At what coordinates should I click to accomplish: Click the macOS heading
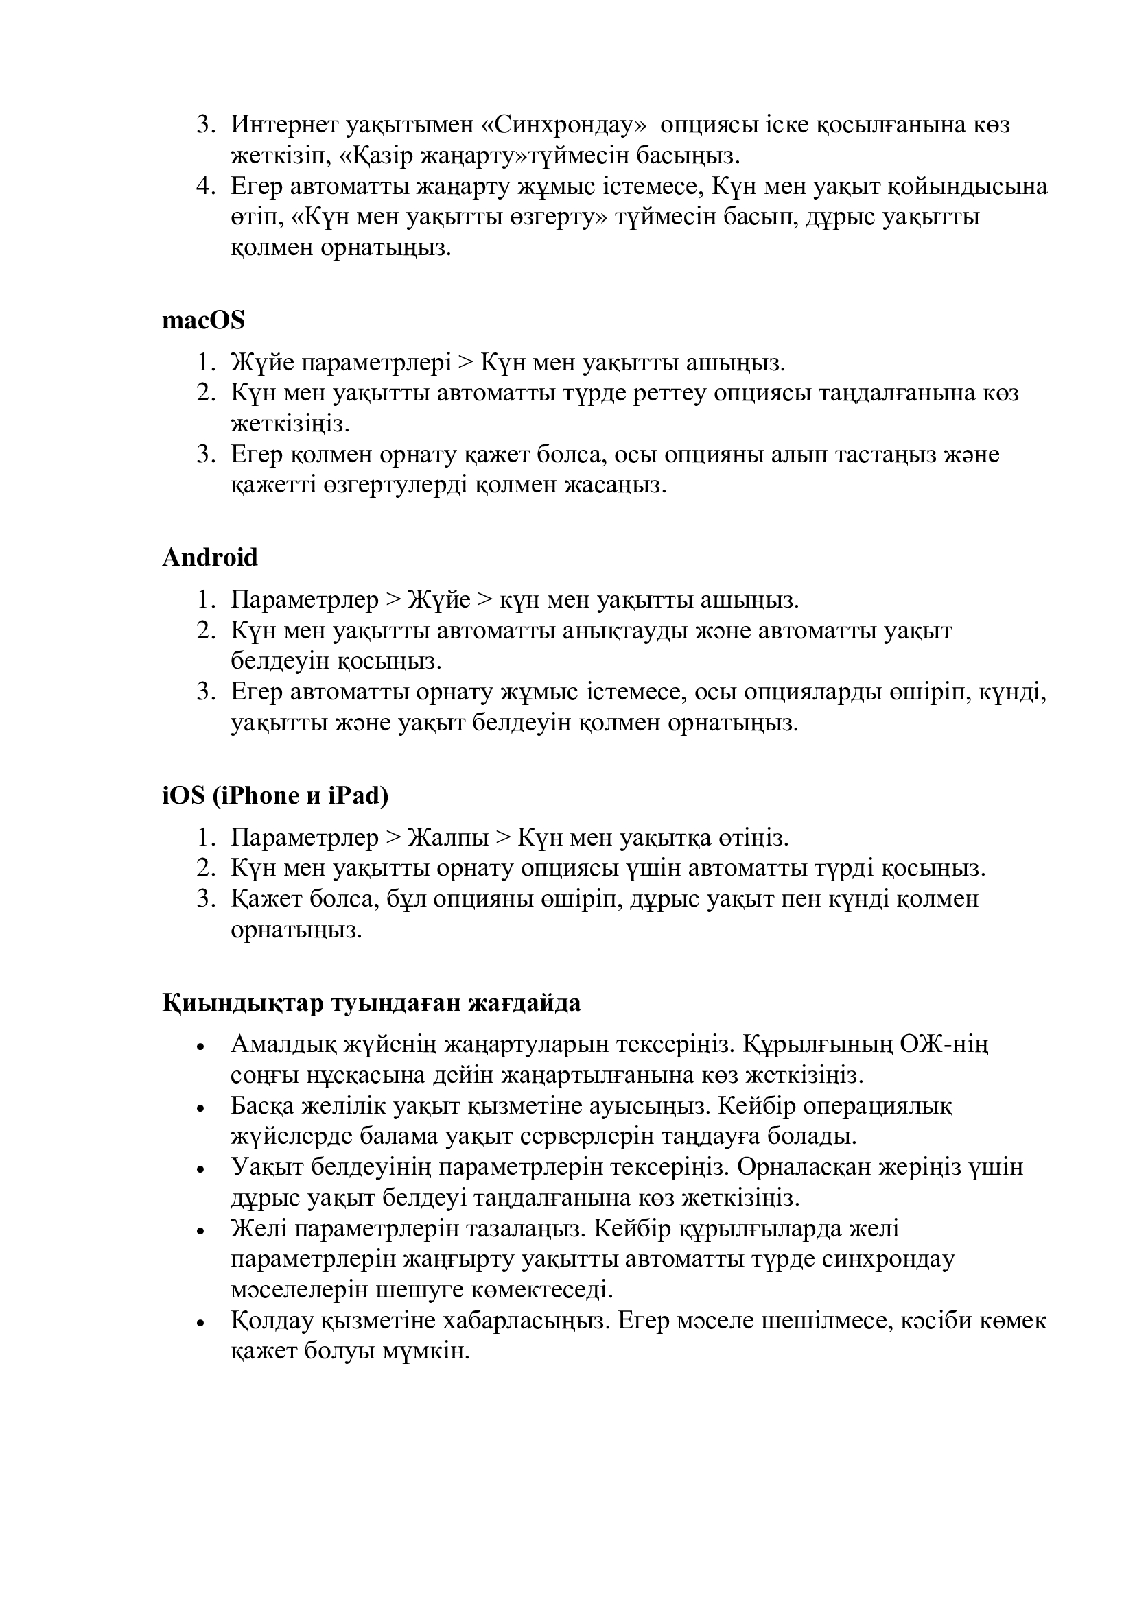[203, 321]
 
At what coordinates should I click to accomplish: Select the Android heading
[210, 558]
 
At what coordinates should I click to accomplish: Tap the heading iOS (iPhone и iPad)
[274, 795]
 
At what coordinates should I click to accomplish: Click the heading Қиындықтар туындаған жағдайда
[371, 1003]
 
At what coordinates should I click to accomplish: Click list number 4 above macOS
[204, 187]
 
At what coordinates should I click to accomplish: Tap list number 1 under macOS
[204, 363]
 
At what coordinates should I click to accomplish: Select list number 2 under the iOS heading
[204, 867]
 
